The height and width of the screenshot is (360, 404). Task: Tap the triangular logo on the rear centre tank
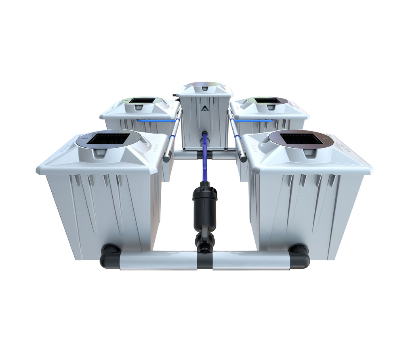[202, 108]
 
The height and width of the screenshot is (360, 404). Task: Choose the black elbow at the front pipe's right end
[299, 255]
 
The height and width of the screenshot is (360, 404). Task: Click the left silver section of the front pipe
[158, 260]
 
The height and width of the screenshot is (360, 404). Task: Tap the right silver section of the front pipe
[250, 260]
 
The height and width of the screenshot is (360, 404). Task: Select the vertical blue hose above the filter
[204, 157]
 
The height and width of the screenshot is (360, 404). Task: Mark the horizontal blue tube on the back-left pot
[156, 120]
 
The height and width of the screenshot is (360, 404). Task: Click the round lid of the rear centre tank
[205, 86]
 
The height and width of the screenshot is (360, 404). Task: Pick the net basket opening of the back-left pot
[142, 100]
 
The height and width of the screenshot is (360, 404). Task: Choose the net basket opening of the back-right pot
[267, 100]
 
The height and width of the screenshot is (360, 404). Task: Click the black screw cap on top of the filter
[205, 186]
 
